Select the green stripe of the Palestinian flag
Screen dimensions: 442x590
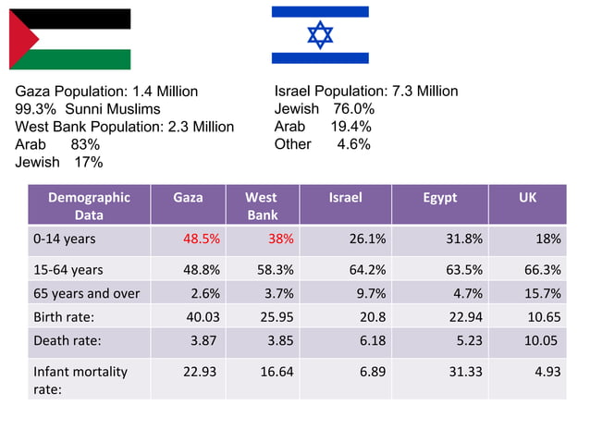click(83, 59)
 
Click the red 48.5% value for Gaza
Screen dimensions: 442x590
click(201, 239)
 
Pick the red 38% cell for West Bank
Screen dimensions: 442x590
click(280, 239)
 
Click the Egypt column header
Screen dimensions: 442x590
click(439, 197)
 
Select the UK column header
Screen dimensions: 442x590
click(527, 197)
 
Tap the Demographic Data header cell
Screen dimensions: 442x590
click(89, 205)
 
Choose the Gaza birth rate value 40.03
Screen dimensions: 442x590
click(202, 316)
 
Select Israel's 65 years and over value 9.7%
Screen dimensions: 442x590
click(369, 294)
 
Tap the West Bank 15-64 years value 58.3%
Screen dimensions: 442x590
click(276, 270)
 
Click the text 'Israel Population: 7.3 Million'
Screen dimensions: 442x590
click(366, 91)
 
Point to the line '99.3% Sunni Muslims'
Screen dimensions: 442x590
click(88, 109)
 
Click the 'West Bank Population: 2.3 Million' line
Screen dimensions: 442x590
click(124, 127)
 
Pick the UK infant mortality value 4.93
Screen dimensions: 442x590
click(545, 371)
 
